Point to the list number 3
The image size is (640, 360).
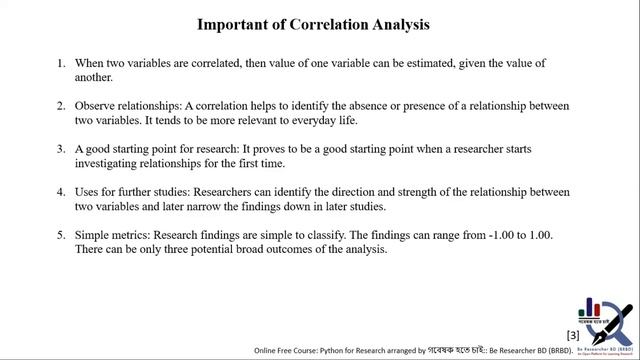62,148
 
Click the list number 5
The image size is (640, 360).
62,233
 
